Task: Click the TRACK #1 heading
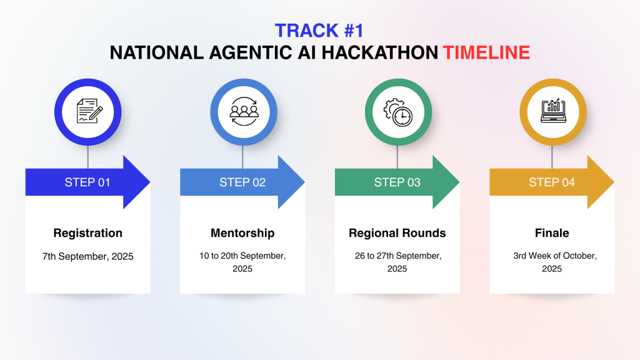point(319,31)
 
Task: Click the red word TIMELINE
point(486,52)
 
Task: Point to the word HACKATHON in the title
point(380,52)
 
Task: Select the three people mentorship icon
point(244,111)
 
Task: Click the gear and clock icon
point(397,112)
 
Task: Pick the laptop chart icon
point(553,111)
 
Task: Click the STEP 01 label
point(87,182)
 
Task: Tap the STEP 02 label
point(242,182)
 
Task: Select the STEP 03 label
point(397,182)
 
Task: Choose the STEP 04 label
point(552,182)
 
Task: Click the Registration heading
point(87,233)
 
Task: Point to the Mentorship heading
point(242,233)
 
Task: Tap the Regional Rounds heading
point(397,233)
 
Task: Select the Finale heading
point(552,233)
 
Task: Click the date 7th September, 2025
point(87,256)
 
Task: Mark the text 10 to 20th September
point(242,256)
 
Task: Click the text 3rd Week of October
point(555,256)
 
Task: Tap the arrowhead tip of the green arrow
point(459,182)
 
